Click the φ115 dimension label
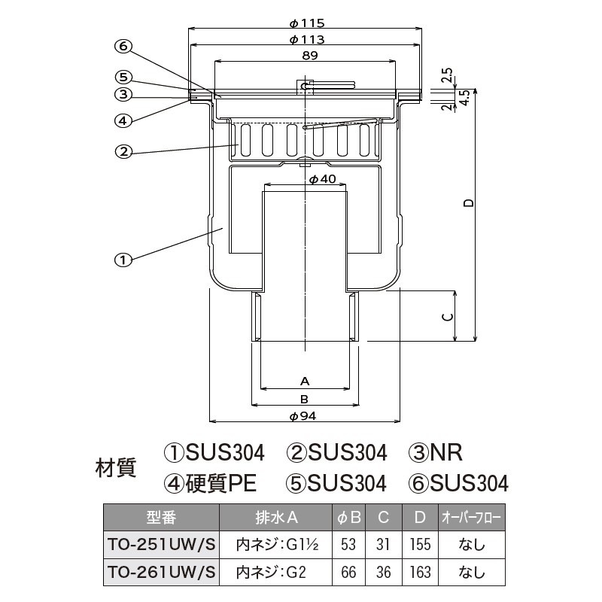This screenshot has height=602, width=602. click(x=307, y=23)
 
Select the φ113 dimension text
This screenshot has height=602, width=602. click(x=307, y=40)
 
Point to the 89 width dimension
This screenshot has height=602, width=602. click(x=310, y=56)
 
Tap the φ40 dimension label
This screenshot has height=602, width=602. click(x=323, y=179)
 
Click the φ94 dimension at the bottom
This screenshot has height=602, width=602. click(x=303, y=416)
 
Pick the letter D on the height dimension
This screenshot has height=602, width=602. click(x=469, y=202)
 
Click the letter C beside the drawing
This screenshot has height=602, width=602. click(x=448, y=317)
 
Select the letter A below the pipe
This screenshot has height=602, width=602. click(x=305, y=382)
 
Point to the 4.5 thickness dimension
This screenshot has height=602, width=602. click(x=464, y=98)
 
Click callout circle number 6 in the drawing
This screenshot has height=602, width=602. click(x=123, y=47)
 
